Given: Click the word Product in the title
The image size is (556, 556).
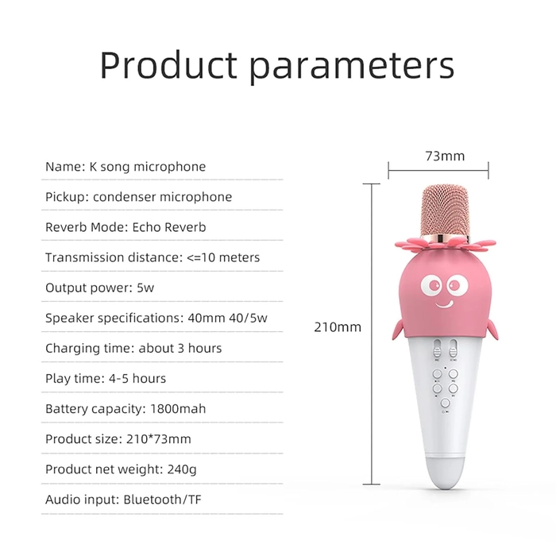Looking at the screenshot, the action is click(168, 65).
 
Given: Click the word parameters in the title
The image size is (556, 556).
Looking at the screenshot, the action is click(352, 68).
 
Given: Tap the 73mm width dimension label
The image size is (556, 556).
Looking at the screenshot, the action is click(445, 156).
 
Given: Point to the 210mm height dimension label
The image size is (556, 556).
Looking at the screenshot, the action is click(338, 327).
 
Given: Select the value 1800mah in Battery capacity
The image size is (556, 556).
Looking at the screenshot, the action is click(178, 409).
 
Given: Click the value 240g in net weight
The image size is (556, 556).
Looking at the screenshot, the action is click(182, 470).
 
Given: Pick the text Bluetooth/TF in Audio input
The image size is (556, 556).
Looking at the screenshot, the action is click(162, 500).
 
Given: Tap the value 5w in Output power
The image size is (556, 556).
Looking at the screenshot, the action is click(145, 288).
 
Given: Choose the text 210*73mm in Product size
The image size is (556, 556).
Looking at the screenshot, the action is click(159, 439).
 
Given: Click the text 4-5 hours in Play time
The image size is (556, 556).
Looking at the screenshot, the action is click(137, 379).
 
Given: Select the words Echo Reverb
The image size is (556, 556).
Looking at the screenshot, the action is click(169, 227).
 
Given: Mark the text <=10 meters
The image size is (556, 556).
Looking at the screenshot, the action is click(223, 257).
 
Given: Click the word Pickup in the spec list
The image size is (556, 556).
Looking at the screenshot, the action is click(65, 197).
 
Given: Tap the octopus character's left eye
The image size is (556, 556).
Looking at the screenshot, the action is click(431, 284).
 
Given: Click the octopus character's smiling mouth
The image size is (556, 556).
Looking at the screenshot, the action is click(444, 304).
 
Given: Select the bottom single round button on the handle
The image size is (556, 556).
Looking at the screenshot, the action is click(445, 403).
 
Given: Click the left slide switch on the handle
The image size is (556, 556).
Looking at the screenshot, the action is click(437, 349).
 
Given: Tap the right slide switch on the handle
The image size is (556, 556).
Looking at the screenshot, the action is click(454, 349).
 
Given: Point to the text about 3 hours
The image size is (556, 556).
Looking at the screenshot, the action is click(180, 348).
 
